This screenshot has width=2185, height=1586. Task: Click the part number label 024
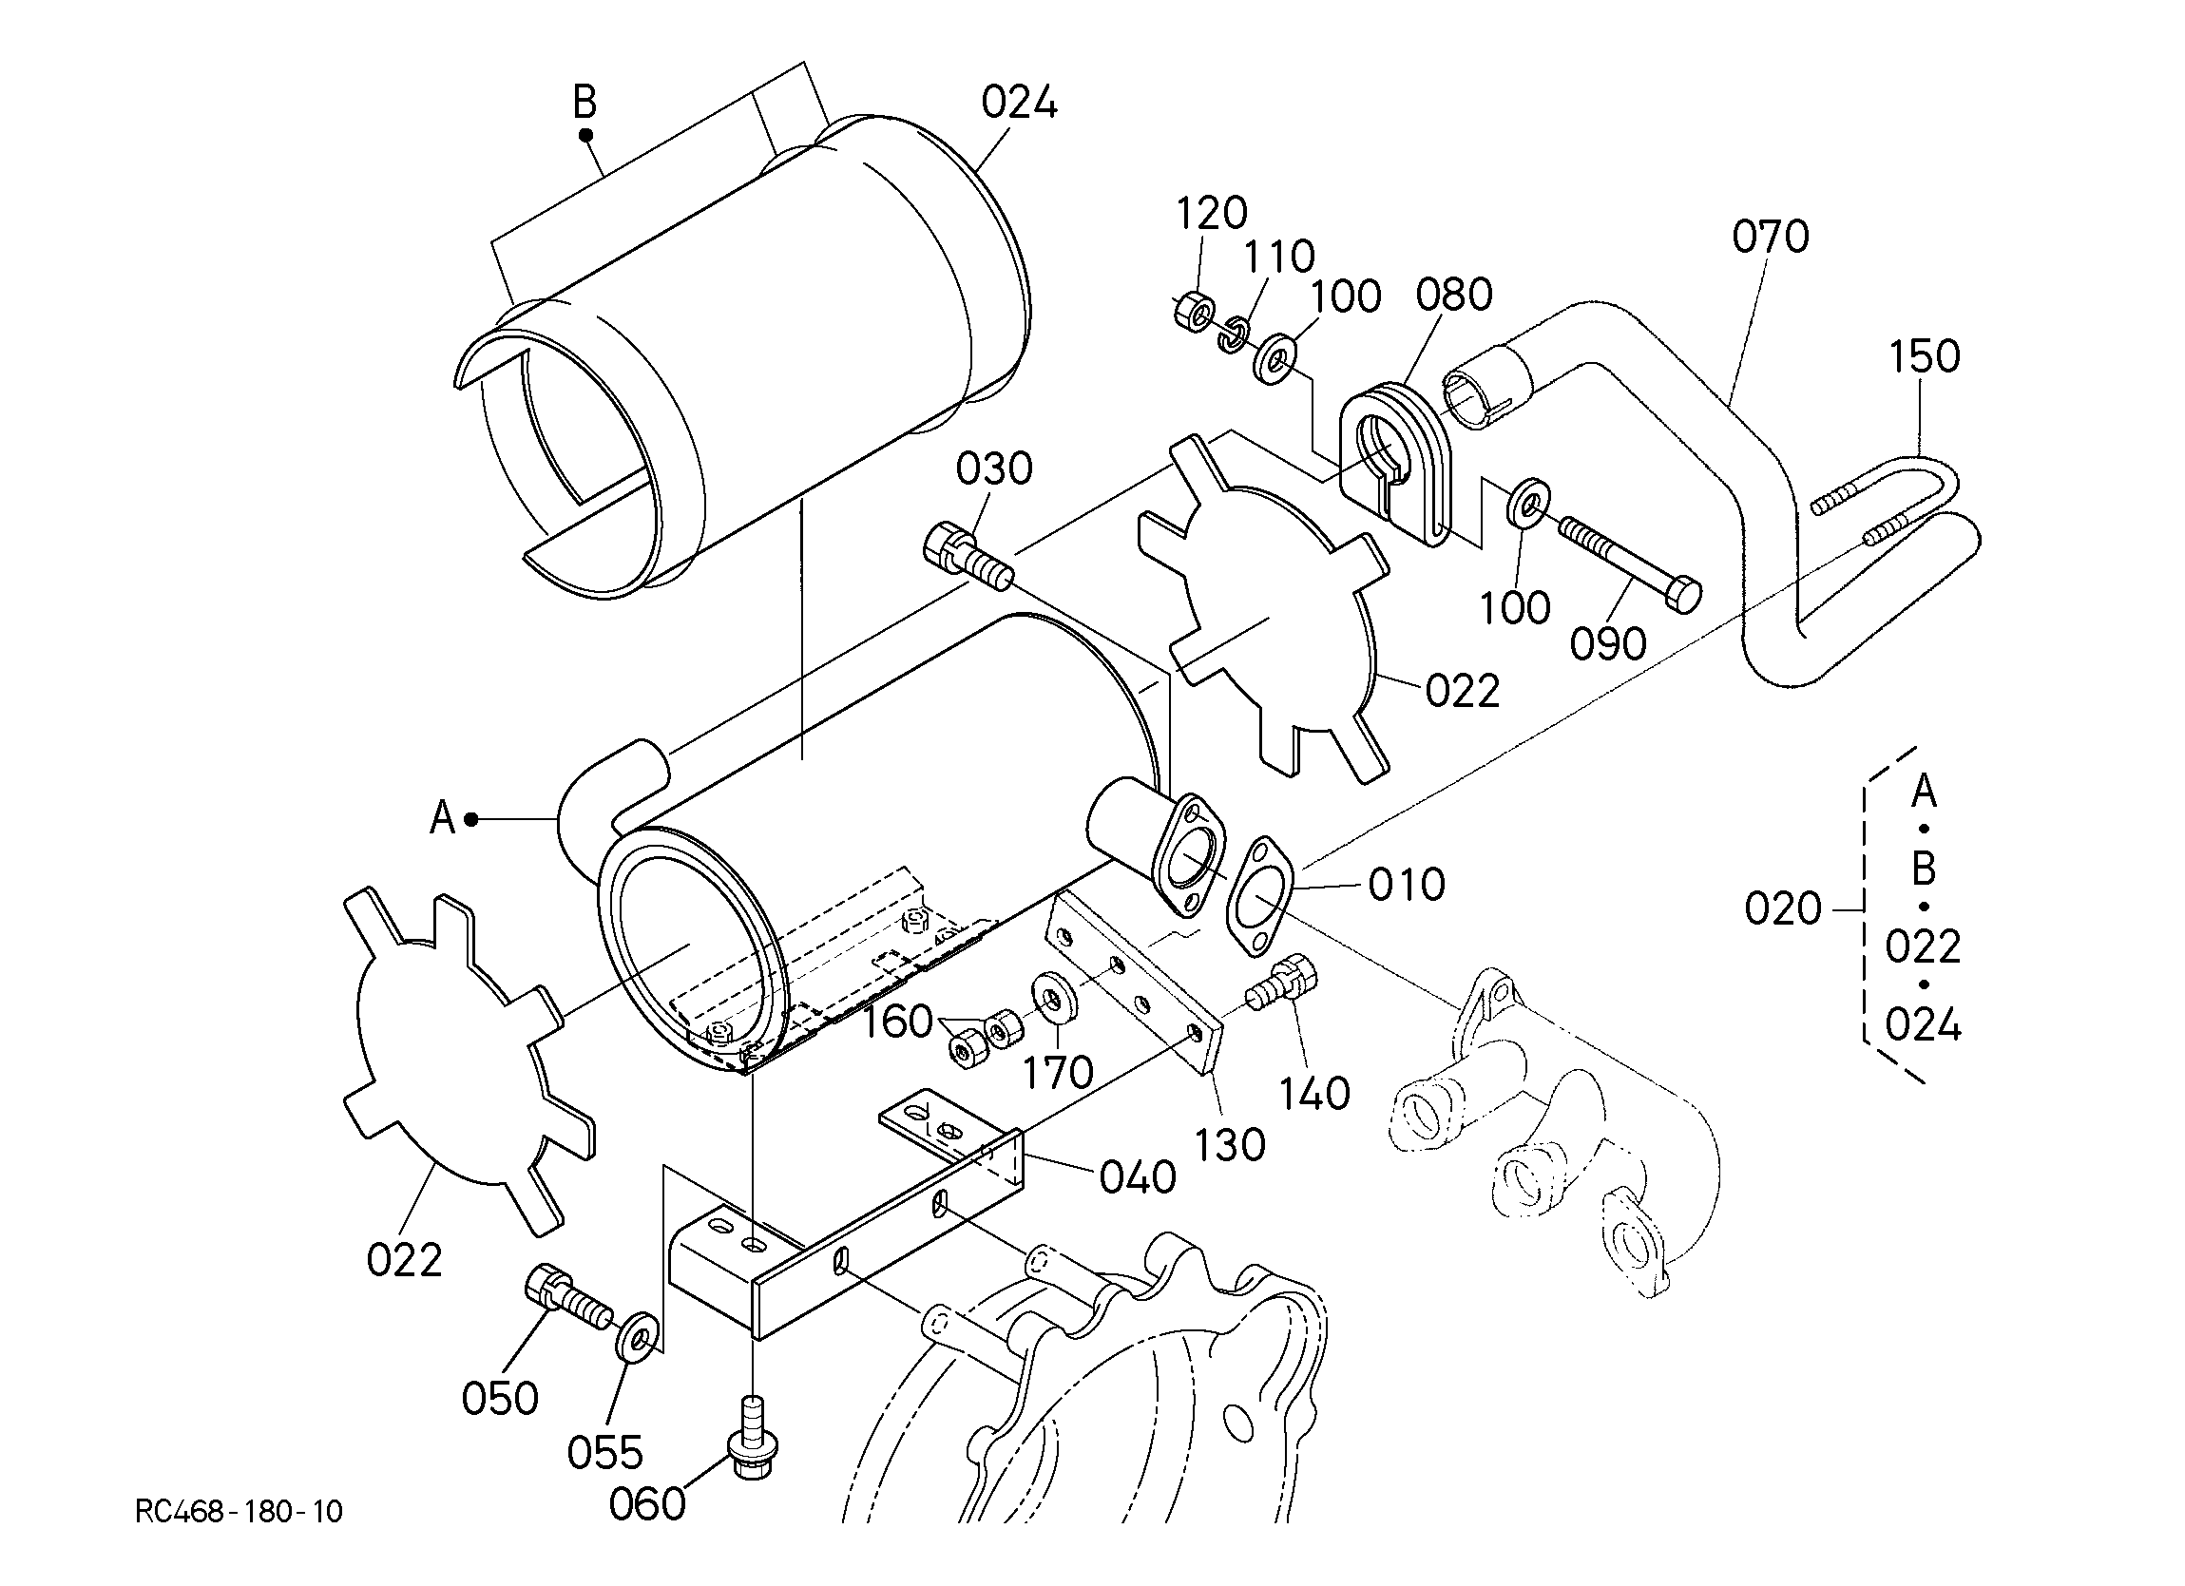1019,102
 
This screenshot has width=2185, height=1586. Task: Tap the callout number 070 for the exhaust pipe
1771,237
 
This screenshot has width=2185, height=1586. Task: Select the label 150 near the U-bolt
1924,357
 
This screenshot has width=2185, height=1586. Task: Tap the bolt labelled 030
968,558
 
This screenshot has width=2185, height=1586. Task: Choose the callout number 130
1230,1145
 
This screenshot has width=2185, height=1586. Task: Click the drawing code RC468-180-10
239,1512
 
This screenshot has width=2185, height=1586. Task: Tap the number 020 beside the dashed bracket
1783,908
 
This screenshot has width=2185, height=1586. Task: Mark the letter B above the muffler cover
585,101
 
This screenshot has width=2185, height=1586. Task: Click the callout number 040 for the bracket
1138,1177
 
